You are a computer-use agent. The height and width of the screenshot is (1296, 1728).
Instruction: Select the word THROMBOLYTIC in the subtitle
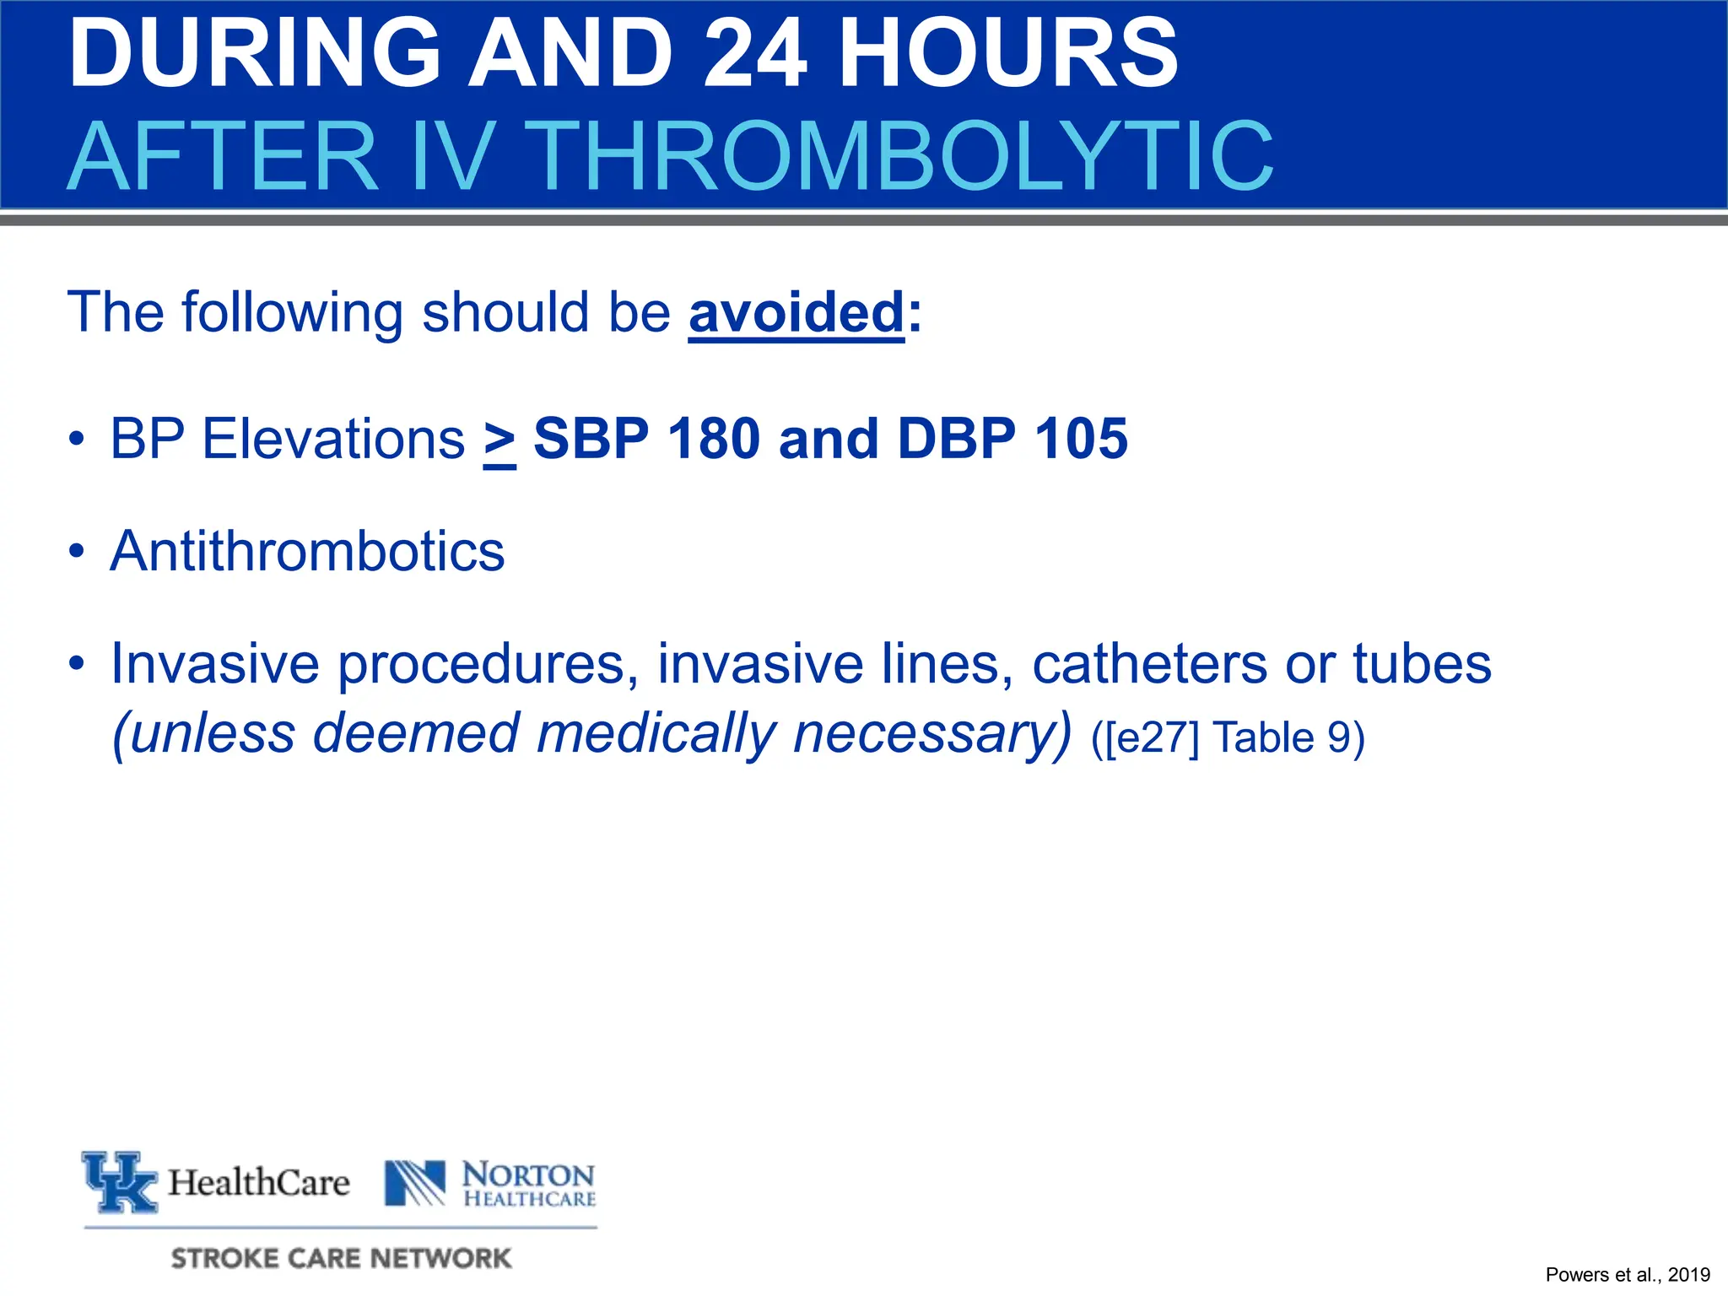[903, 157]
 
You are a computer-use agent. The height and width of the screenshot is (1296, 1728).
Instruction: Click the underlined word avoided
[796, 313]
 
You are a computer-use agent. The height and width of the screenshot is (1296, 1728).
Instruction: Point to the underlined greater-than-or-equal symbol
[499, 440]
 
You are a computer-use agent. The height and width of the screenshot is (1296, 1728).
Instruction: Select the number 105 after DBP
[1081, 440]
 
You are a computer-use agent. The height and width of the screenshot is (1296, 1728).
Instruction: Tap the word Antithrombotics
[307, 552]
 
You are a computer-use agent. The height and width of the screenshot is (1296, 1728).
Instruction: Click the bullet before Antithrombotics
[77, 552]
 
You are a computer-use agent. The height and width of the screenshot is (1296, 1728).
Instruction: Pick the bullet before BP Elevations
[77, 440]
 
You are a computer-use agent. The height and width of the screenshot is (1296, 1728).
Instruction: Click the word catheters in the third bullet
[1149, 664]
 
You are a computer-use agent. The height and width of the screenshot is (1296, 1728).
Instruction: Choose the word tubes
[1423, 664]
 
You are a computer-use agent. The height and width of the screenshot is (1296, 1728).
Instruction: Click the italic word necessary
[932, 733]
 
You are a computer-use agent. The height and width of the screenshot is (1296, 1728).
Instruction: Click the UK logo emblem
[120, 1181]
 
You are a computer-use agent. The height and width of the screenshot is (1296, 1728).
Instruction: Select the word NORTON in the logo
[528, 1174]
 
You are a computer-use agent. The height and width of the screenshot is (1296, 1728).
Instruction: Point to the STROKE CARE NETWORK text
[341, 1258]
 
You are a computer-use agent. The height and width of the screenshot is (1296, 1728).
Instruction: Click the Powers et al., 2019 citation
[1627, 1275]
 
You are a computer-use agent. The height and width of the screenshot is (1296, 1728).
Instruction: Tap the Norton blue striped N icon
[415, 1182]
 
